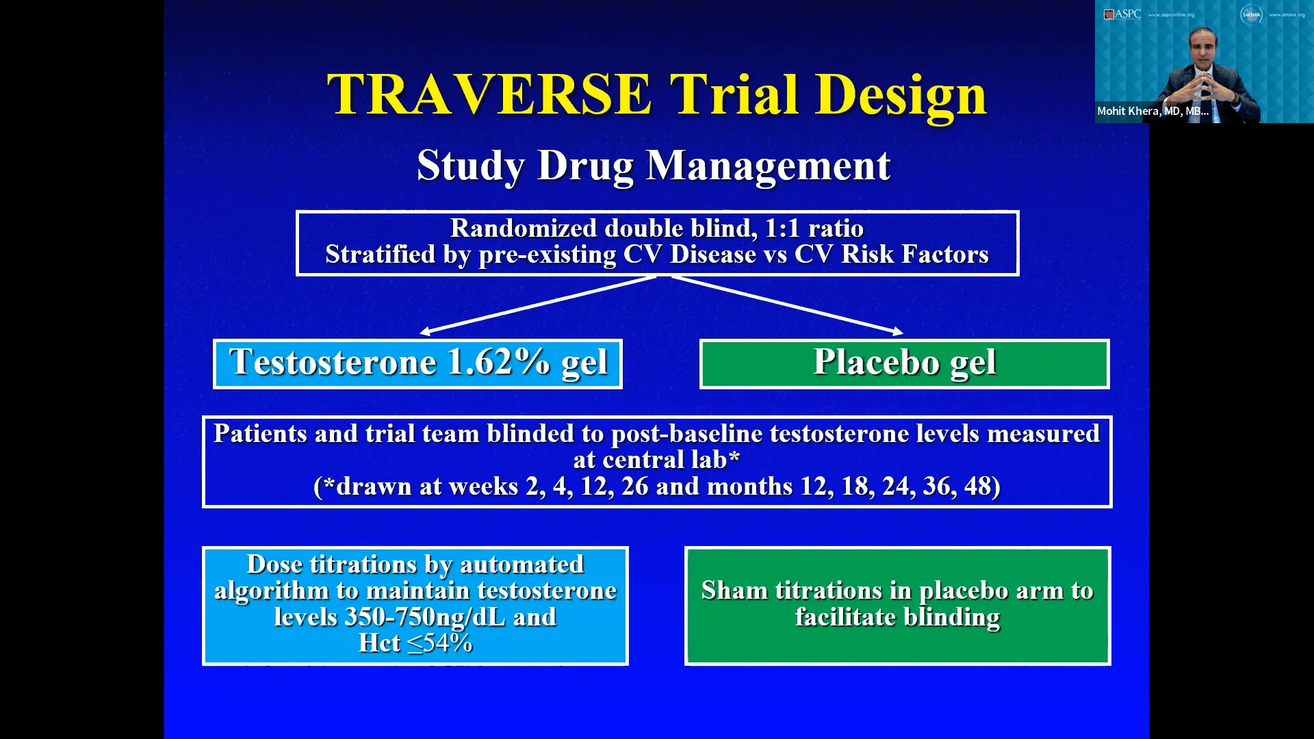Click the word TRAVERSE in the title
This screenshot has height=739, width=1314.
pos(489,94)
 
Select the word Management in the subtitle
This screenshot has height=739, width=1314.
pos(768,166)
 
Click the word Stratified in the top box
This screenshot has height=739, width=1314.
pos(380,255)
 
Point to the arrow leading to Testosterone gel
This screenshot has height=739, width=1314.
pos(537,304)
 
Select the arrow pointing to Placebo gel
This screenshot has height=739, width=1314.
pos(787,304)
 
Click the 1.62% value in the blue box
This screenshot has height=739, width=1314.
pos(498,362)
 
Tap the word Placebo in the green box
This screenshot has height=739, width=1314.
pos(875,362)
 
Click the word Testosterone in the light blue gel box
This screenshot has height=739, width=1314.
pos(333,362)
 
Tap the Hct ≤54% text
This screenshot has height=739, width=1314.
pos(415,643)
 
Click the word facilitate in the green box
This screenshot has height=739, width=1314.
pos(845,617)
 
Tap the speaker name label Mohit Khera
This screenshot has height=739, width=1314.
pos(1152,111)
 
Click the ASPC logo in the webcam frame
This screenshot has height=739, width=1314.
pos(1122,14)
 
